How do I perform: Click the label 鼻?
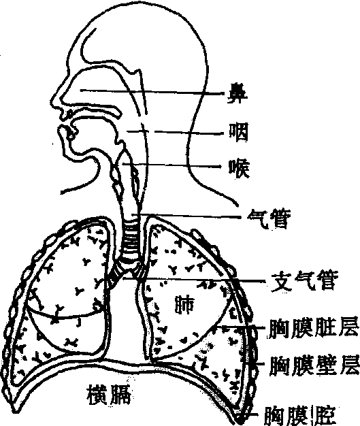coord(238,93)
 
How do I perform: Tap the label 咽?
coord(239,132)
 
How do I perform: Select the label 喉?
coord(239,168)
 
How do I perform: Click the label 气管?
coord(269,218)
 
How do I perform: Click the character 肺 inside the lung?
coord(184,304)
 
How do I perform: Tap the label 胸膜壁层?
coord(314,365)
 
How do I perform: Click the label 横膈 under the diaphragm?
coord(109,395)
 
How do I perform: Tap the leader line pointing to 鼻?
coord(152,92)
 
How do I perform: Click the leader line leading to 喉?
coord(171,165)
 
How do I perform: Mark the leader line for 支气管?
coord(194,279)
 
